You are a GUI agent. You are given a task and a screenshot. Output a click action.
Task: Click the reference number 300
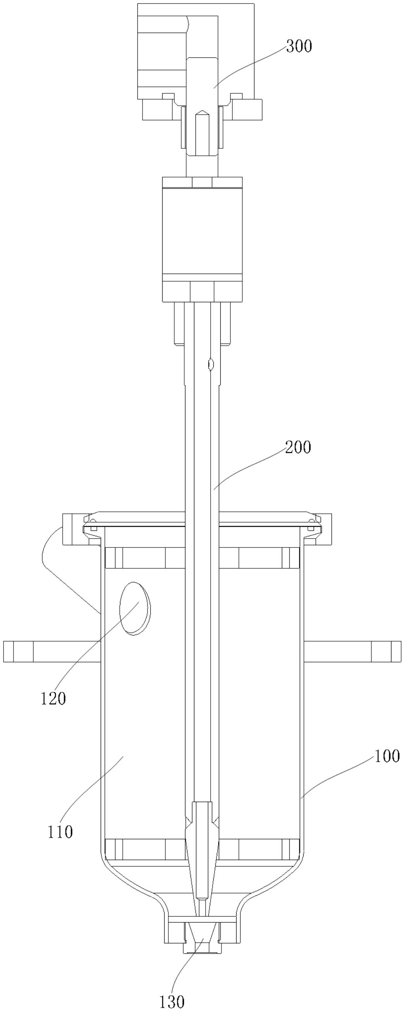pyautogui.click(x=299, y=46)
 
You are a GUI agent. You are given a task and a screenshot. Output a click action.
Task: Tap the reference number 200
pyautogui.click(x=298, y=447)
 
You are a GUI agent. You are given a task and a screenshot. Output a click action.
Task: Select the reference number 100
pyautogui.click(x=387, y=756)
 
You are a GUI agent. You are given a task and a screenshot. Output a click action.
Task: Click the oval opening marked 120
pyautogui.click(x=135, y=608)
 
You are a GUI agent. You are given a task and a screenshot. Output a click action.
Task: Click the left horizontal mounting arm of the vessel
pyautogui.click(x=52, y=651)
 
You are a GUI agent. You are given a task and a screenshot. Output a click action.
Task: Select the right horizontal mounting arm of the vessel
pyautogui.click(x=353, y=651)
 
